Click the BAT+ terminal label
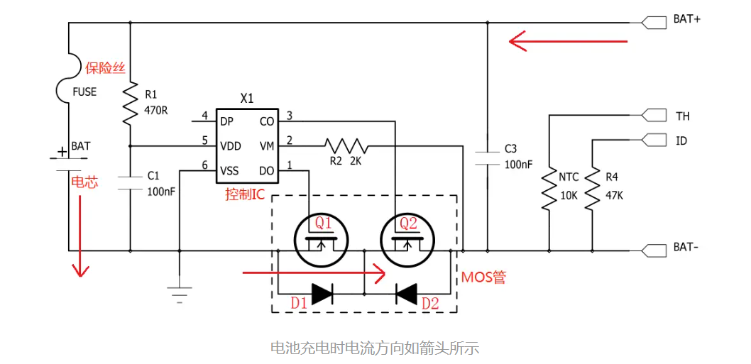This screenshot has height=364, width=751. (x=686, y=20)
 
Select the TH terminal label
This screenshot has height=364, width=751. (x=682, y=116)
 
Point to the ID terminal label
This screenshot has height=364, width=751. (x=681, y=141)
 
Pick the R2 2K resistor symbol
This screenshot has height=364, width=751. (x=346, y=145)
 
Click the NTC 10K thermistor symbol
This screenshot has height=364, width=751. (x=549, y=189)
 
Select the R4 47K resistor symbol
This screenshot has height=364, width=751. (x=592, y=189)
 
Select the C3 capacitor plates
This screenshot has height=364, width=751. (x=488, y=158)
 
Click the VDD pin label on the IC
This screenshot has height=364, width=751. (x=230, y=146)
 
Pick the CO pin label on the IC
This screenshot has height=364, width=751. (x=267, y=121)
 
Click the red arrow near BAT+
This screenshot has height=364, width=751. (x=568, y=41)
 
